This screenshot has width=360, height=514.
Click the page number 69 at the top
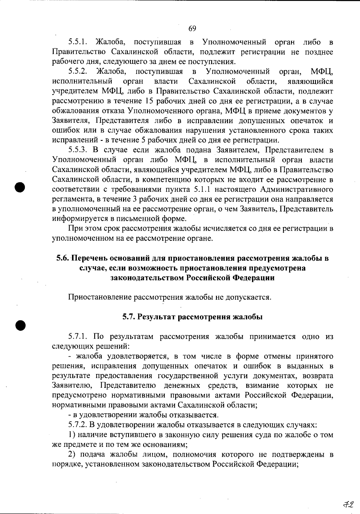(192, 29)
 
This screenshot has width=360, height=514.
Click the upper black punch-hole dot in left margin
(20, 186)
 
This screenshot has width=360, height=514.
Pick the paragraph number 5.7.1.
(78, 337)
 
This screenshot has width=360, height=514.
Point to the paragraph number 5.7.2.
(78, 425)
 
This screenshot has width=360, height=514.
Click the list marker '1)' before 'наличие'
(72, 435)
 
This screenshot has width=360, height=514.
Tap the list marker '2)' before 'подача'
(72, 455)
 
